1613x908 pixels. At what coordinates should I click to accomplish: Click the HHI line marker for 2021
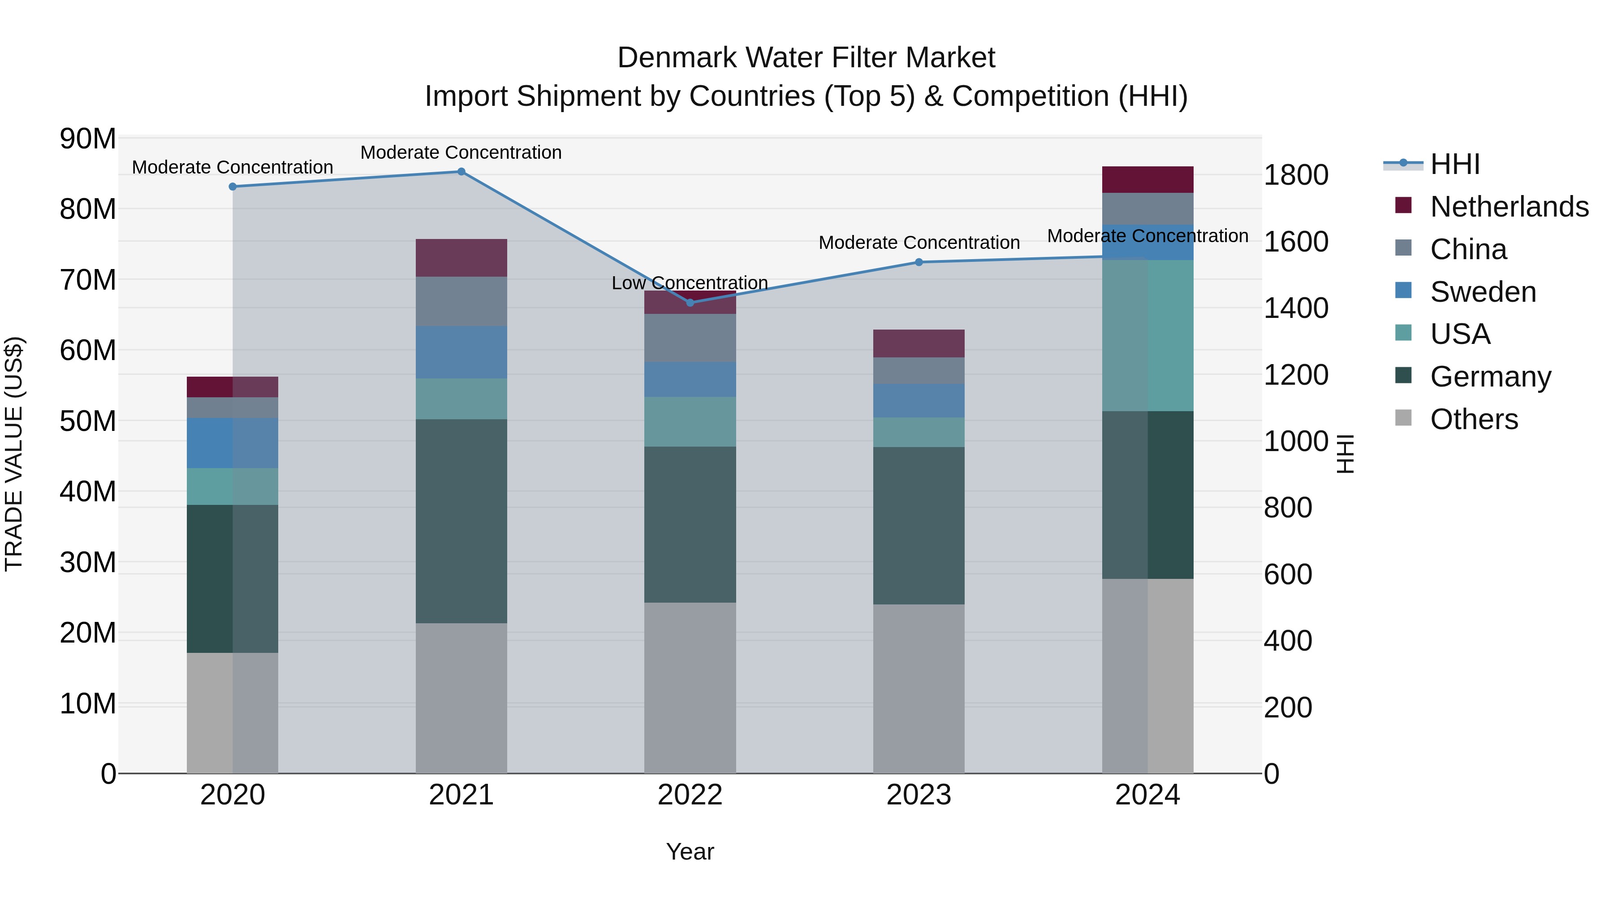(461, 172)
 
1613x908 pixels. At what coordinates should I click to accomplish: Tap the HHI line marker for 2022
(690, 303)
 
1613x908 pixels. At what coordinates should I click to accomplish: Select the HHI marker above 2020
(232, 187)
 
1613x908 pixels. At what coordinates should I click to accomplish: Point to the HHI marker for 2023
(919, 262)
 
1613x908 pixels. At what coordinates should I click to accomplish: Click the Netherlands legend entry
(1509, 207)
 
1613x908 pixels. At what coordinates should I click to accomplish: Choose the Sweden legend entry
(1483, 292)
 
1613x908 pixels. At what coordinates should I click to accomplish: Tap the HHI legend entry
(1454, 164)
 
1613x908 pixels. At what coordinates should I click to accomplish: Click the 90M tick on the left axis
(88, 139)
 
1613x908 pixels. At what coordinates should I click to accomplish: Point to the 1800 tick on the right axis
(1295, 175)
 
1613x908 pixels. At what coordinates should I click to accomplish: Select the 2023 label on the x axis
(919, 795)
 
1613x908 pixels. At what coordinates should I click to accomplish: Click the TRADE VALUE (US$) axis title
(14, 454)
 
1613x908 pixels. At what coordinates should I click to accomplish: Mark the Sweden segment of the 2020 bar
(232, 443)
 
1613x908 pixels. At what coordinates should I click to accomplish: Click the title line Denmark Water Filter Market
(806, 58)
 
